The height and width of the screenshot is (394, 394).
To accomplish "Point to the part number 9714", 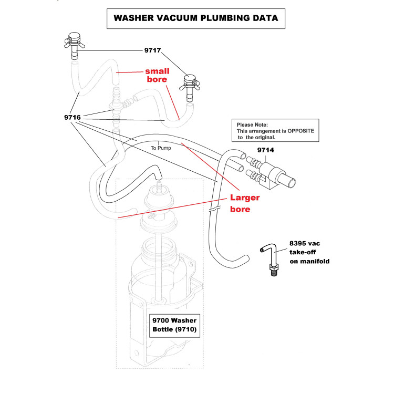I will (x=266, y=151).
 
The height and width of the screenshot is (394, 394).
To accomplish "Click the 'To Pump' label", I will (x=161, y=148).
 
